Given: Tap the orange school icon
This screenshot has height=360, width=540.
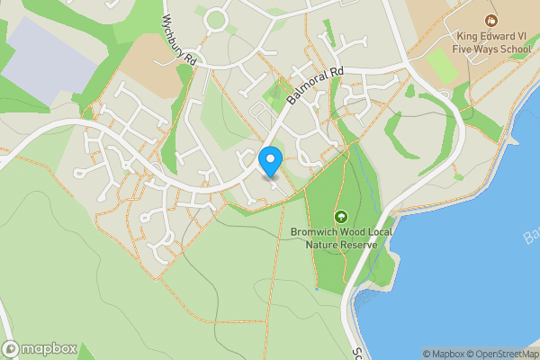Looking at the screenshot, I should [490, 20].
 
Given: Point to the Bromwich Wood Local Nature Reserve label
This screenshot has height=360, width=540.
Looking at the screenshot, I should [341, 238].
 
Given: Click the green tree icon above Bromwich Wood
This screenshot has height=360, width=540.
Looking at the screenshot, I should [341, 216].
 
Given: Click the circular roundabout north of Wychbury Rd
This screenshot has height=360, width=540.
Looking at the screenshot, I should [216, 19].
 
